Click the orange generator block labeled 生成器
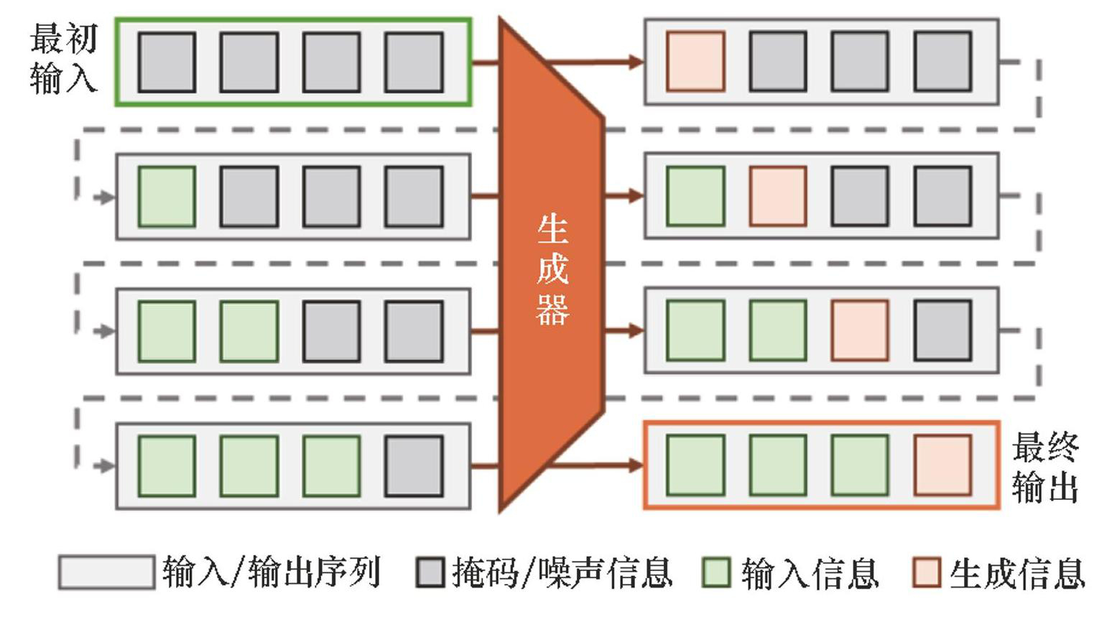pyautogui.click(x=552, y=266)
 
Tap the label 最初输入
pyautogui.click(x=63, y=59)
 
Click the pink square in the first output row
pyautogui.click(x=695, y=62)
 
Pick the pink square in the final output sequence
pyautogui.click(x=942, y=465)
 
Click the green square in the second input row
pyautogui.click(x=167, y=196)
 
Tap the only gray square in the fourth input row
pyautogui.click(x=414, y=465)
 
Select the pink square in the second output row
pyautogui.click(x=778, y=196)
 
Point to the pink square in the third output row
pyautogui.click(x=860, y=330)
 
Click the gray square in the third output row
pyautogui.click(x=942, y=330)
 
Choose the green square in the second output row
pyautogui.click(x=695, y=196)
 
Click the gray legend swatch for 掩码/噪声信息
pyautogui.click(x=430, y=573)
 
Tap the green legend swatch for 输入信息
pyautogui.click(x=716, y=573)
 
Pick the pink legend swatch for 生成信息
pyautogui.click(x=927, y=573)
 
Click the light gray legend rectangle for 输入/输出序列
pyautogui.click(x=106, y=573)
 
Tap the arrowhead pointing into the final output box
pyautogui.click(x=635, y=465)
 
